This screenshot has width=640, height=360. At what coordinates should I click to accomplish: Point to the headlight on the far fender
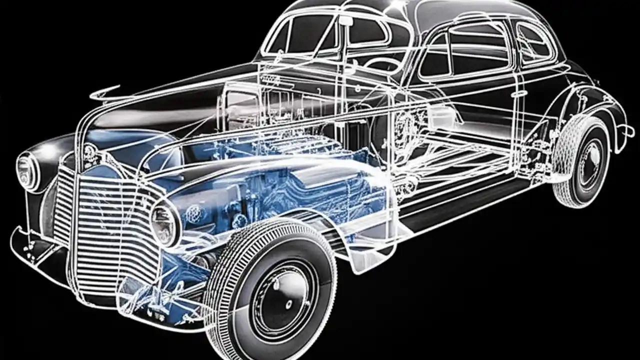(x=27, y=170)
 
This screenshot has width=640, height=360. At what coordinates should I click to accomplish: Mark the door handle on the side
(x=520, y=93)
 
